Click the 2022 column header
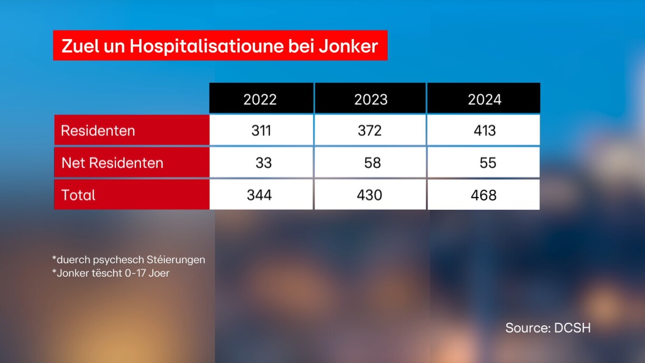[260, 100]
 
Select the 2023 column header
[371, 100]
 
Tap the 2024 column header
[484, 100]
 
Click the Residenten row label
[98, 131]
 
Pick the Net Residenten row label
[112, 163]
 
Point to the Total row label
[79, 195]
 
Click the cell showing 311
[261, 131]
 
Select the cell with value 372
[369, 131]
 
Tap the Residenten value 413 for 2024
[484, 131]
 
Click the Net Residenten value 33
[263, 163]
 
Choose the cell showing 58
[372, 163]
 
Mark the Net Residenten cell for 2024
[487, 163]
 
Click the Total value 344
[259, 195]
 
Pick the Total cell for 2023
[369, 195]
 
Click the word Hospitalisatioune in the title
[208, 46]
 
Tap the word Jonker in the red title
[348, 46]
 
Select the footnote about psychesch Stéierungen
[129, 260]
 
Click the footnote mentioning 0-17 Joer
[111, 273]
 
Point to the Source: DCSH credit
[548, 328]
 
